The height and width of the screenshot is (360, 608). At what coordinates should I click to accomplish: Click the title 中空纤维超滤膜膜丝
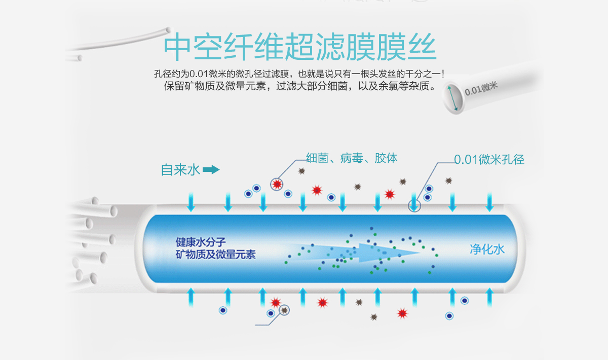(300, 47)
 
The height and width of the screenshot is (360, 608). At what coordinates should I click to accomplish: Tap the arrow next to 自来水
(211, 170)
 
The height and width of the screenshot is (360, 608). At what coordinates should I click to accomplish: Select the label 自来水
(180, 170)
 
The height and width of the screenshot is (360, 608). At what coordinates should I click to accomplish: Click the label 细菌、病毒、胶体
(352, 158)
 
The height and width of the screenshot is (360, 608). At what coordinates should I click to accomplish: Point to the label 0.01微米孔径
(489, 160)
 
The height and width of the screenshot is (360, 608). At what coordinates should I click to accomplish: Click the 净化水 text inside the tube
(487, 249)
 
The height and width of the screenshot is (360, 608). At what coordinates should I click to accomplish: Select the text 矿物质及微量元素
(216, 255)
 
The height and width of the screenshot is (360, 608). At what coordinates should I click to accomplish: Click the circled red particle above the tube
(277, 185)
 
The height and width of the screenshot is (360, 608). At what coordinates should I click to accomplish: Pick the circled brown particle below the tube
(284, 310)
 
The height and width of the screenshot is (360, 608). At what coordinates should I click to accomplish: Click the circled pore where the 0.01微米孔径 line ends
(414, 206)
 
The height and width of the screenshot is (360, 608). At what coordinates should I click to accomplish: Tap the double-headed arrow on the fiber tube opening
(453, 98)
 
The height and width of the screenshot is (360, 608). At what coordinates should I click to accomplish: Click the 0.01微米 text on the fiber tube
(481, 89)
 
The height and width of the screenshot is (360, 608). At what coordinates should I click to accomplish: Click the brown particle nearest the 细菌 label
(301, 171)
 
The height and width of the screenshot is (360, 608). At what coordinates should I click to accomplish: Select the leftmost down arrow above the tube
(191, 202)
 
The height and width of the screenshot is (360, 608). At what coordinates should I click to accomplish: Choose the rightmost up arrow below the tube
(489, 298)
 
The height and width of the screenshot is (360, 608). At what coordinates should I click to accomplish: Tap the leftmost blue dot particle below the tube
(223, 310)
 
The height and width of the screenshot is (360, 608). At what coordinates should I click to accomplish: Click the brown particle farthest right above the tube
(448, 181)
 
